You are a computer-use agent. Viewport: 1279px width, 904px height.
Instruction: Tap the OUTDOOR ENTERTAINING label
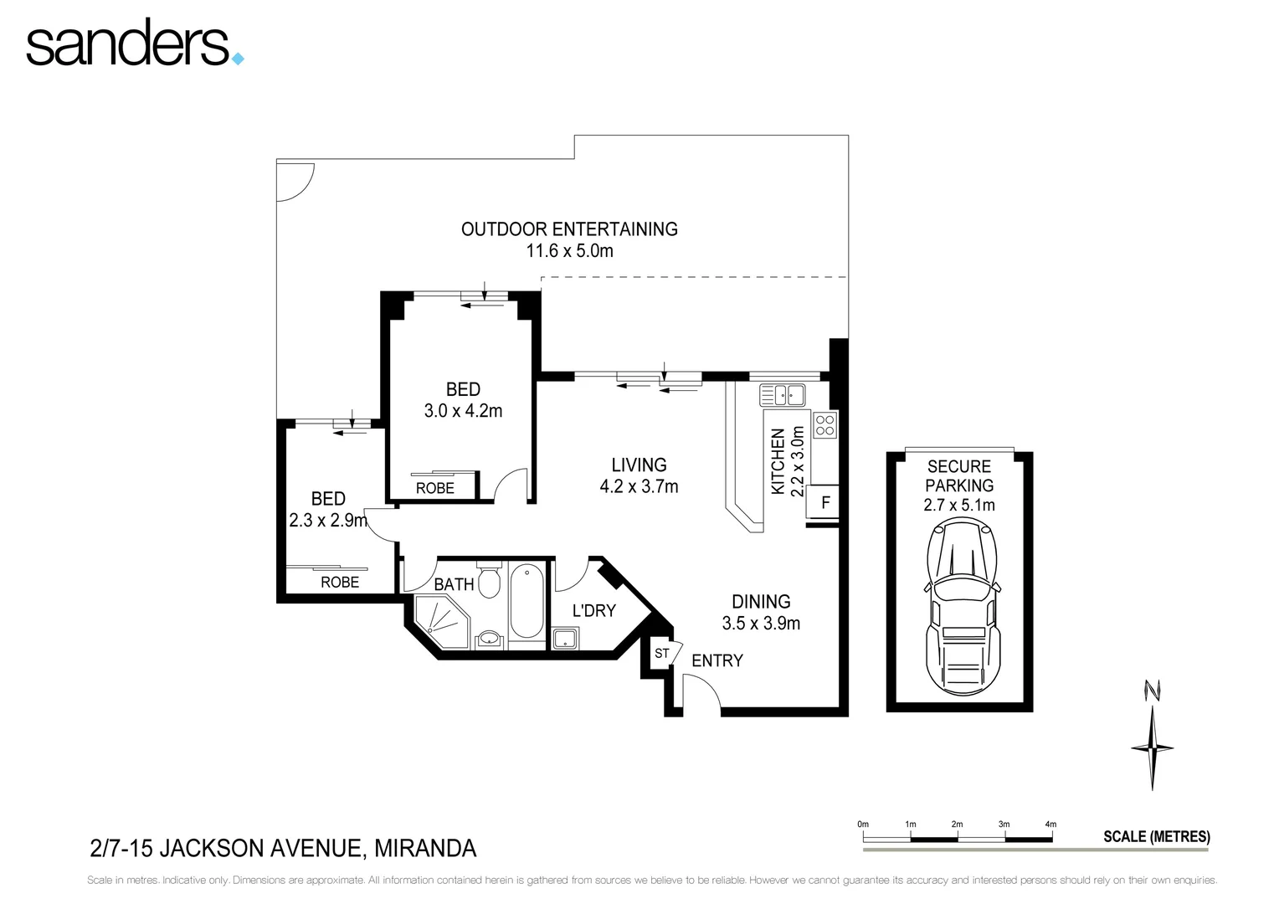click(569, 229)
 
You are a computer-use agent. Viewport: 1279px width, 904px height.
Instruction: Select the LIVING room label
click(639, 465)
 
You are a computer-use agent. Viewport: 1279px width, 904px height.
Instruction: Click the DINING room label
click(761, 601)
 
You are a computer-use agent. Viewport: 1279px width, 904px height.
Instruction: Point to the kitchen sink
click(783, 394)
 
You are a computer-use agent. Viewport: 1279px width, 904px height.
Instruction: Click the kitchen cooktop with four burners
click(825, 425)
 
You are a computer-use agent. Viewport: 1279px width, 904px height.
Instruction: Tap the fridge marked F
click(823, 502)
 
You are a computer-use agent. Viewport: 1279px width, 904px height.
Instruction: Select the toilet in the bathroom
click(488, 579)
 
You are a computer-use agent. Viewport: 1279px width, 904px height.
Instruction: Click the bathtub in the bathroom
click(526, 601)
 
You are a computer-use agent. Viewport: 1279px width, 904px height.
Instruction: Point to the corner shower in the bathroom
click(441, 621)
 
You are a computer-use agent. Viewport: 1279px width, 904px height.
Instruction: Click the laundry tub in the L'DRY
click(565, 638)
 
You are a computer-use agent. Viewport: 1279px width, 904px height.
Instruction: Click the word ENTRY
click(717, 660)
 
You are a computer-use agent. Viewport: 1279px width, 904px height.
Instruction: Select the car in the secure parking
click(962, 607)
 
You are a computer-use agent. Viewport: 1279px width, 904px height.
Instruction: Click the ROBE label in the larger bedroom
click(435, 488)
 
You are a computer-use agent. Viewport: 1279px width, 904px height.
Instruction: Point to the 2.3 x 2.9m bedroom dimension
click(328, 521)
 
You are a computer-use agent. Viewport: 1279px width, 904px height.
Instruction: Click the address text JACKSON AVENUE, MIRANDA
click(317, 848)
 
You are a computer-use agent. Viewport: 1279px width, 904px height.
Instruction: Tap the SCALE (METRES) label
click(1157, 836)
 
